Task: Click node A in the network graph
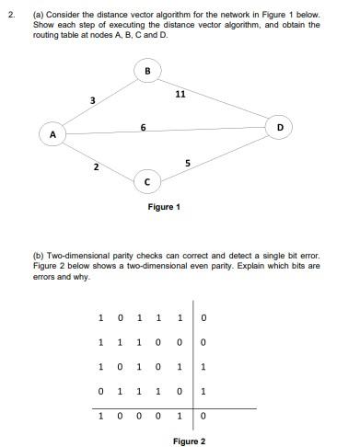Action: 52,134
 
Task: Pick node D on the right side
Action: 280,124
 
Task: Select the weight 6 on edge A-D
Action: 144,125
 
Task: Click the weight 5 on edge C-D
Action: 188,164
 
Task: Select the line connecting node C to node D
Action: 216,155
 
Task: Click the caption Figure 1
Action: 164,207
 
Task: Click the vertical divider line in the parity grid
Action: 192,359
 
